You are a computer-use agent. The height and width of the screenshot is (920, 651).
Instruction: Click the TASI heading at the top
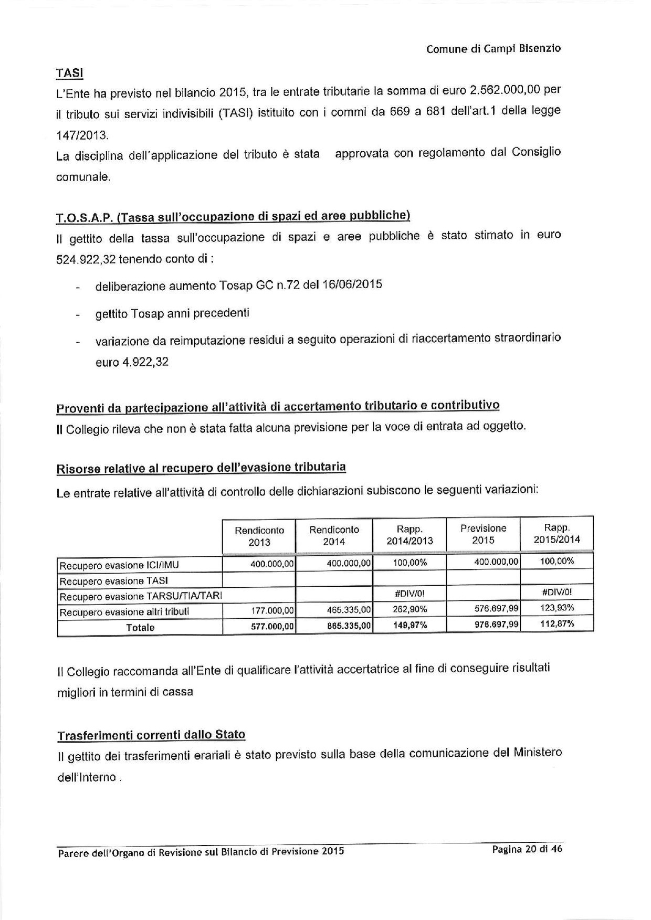point(69,72)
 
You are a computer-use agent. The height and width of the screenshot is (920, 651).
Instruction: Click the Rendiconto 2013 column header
point(259,536)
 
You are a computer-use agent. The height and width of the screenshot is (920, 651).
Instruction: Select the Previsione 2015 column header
point(483,534)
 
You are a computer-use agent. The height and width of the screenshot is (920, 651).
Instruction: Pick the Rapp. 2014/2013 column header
point(409,535)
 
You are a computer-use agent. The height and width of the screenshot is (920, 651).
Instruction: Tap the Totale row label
point(140,627)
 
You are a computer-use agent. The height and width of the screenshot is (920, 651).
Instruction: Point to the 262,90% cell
point(410,609)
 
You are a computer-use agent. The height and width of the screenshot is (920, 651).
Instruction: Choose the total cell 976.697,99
point(495,624)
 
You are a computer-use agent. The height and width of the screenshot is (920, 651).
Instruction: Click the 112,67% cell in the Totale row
point(557,623)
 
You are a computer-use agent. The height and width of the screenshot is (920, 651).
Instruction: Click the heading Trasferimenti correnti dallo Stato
point(151,735)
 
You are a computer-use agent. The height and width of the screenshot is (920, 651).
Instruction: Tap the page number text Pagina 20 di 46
point(527,849)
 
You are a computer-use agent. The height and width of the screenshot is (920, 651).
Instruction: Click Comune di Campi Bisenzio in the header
point(493,49)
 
